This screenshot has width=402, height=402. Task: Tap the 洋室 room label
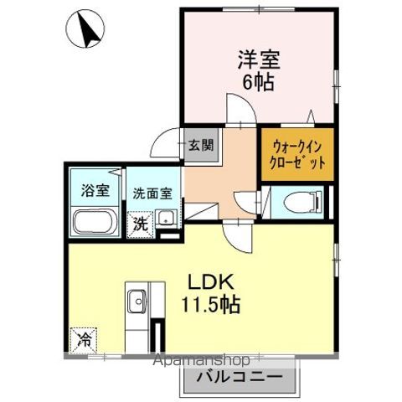[257, 60]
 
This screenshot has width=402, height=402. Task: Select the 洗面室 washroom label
[152, 192]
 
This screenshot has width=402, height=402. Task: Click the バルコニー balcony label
[239, 377]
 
